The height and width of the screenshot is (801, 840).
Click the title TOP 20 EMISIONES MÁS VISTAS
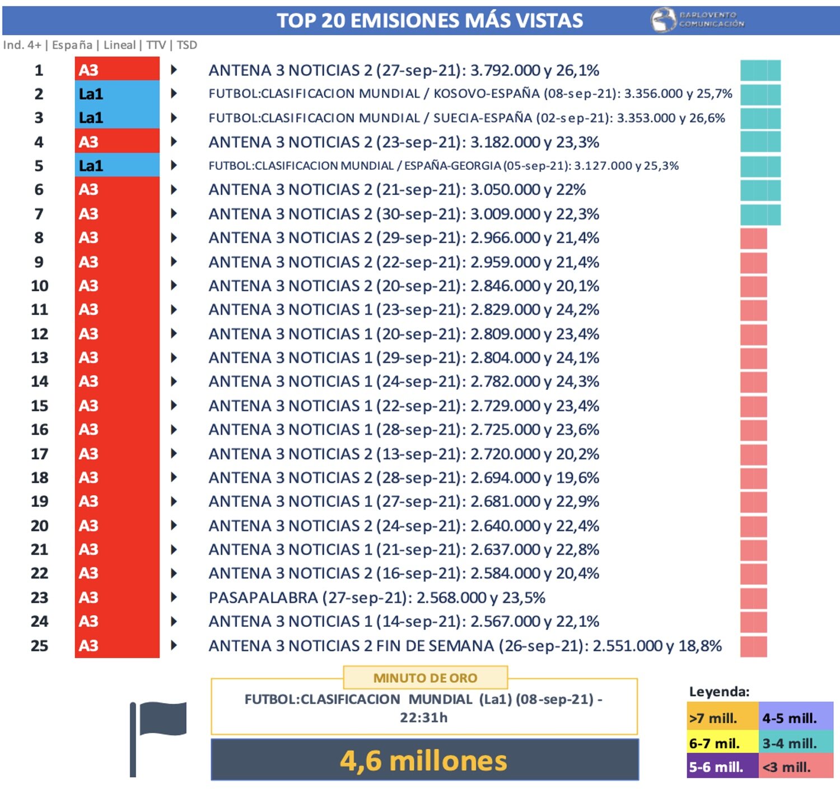tap(430, 21)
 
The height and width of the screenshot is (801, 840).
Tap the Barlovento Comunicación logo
tap(698, 20)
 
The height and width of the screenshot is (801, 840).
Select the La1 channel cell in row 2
tap(117, 94)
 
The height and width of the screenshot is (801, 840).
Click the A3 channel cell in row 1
tap(117, 70)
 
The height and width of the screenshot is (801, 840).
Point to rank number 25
tap(39, 646)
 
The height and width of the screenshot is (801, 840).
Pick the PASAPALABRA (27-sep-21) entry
tap(376, 598)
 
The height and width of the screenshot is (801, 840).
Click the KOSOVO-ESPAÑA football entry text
tap(470, 94)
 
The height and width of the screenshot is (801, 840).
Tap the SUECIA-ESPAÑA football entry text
tap(466, 118)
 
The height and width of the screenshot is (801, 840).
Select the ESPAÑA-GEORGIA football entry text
tap(443, 166)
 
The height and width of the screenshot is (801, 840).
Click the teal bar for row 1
tap(760, 71)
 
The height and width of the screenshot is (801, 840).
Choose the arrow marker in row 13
tap(174, 357)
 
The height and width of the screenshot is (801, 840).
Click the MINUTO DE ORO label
tap(425, 678)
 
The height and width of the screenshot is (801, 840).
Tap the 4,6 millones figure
tap(424, 761)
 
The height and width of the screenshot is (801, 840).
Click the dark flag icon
tap(158, 734)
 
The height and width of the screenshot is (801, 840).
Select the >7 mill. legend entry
tap(722, 718)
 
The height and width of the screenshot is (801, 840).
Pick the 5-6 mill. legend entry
tap(722, 767)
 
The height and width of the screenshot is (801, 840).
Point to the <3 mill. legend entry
tap(795, 767)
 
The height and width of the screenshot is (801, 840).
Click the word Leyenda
tap(719, 692)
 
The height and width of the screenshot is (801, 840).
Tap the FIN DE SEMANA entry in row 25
tap(465, 646)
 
